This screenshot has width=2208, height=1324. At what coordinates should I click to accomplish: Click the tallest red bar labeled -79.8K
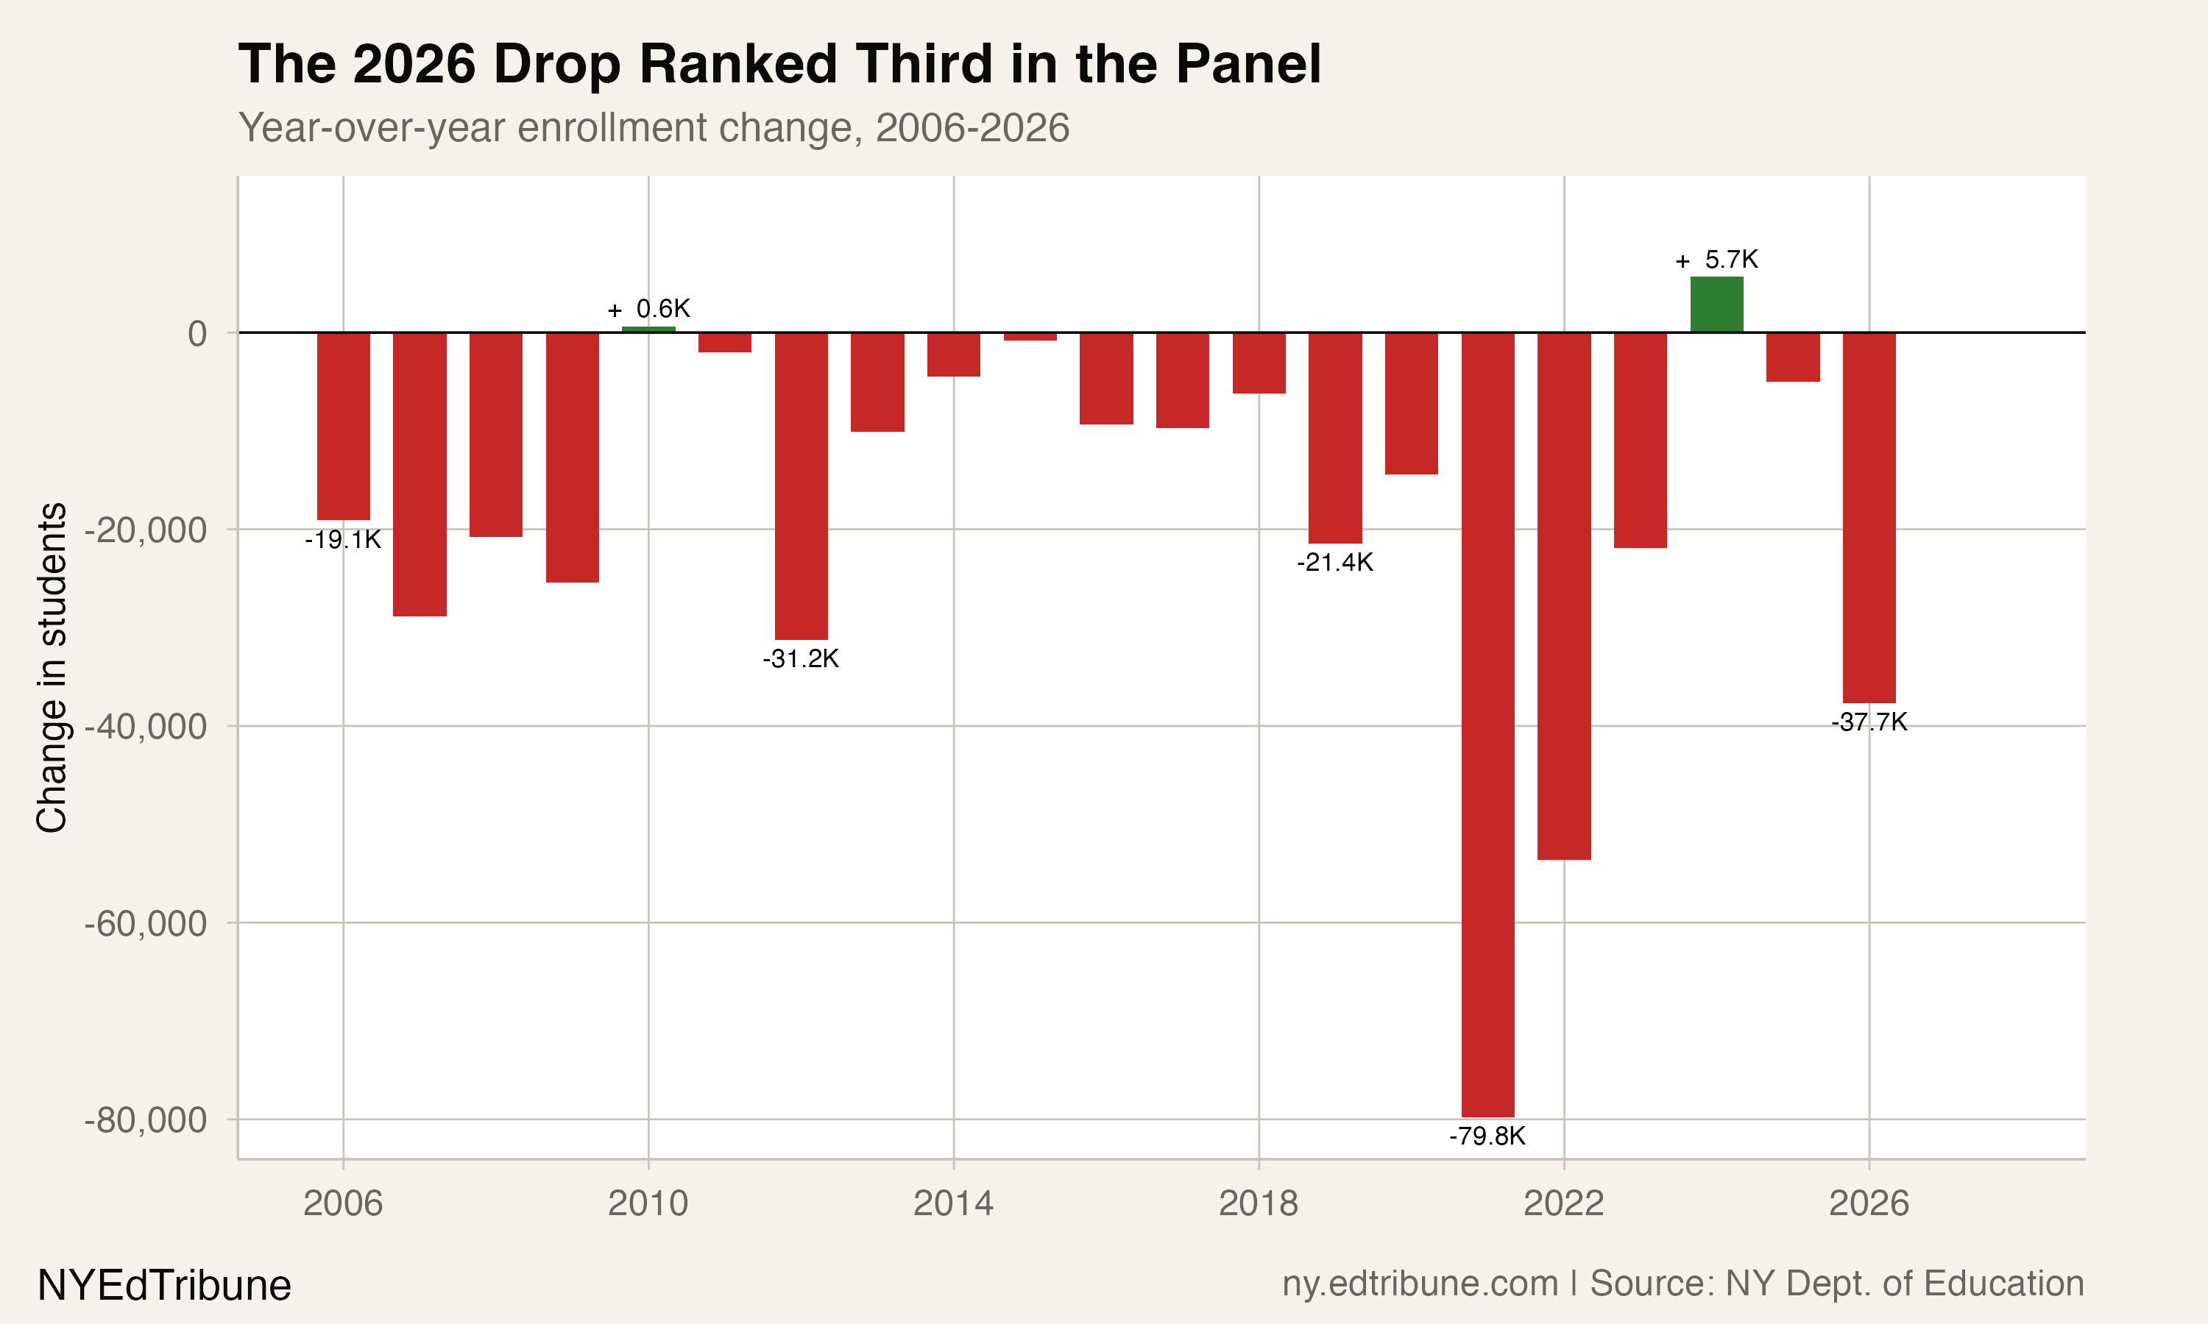(1487, 725)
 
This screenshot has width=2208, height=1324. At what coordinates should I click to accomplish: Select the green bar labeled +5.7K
(1717, 305)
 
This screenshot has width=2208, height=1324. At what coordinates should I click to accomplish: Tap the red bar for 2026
(1869, 518)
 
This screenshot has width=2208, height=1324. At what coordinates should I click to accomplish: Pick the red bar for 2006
(344, 426)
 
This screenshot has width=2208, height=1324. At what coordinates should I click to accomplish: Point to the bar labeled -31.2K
(802, 486)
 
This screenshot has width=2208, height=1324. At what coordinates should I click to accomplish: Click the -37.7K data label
(1869, 722)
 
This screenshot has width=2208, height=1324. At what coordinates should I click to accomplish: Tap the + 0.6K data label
(649, 309)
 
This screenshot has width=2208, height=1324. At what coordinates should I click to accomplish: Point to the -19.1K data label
(343, 540)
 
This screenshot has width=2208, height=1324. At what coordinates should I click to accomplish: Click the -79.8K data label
(1487, 1136)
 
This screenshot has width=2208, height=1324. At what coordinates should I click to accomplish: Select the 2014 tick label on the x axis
(953, 1203)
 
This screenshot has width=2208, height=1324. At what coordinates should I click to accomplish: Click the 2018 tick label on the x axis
(1259, 1203)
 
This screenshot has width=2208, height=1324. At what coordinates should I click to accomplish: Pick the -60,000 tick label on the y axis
(146, 923)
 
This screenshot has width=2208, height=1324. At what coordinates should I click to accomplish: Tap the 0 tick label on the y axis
(197, 334)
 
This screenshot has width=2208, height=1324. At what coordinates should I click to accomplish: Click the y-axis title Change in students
(52, 667)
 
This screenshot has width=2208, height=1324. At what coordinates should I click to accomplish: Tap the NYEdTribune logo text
(164, 1286)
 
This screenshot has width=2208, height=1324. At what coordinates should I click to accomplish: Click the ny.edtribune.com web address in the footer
(1420, 1284)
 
